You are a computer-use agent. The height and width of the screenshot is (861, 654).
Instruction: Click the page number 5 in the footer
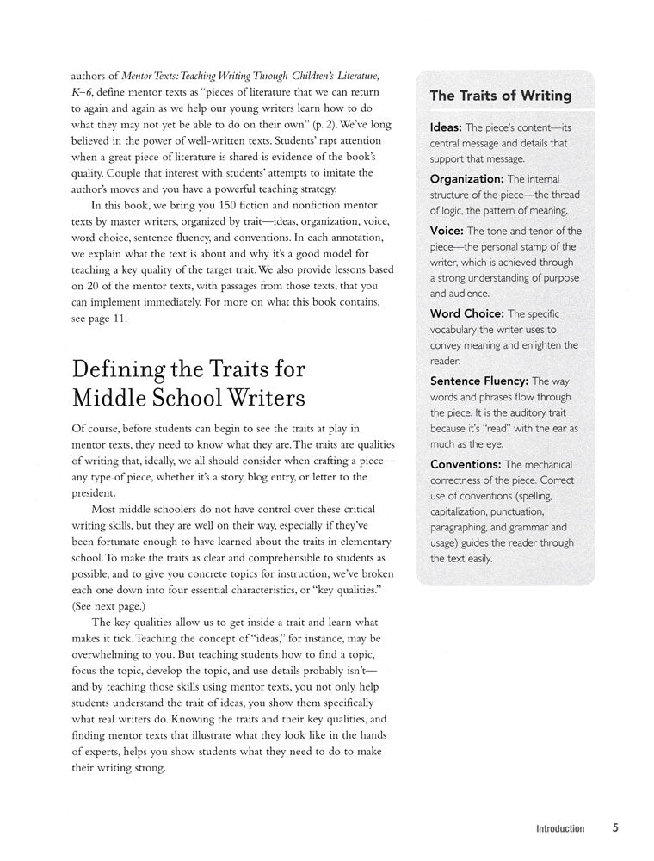[616, 828]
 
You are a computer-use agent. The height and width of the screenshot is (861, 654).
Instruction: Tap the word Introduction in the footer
[559, 829]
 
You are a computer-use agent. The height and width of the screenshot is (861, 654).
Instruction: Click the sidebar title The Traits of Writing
[500, 96]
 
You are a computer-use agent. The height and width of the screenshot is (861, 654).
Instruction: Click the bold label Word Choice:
[467, 313]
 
